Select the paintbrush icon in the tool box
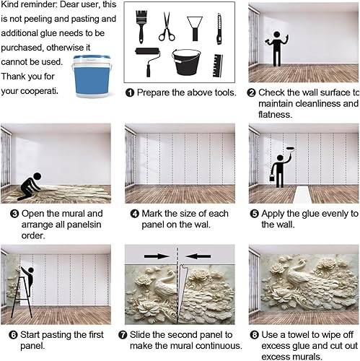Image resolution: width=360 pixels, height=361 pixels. tap(143, 25)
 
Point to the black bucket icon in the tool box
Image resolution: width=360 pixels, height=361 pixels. tap(185, 63)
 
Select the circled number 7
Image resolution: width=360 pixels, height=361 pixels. tap(130, 335)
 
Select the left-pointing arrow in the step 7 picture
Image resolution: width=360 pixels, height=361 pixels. tap(195, 254)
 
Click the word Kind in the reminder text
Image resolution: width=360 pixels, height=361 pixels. tap(12, 4)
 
